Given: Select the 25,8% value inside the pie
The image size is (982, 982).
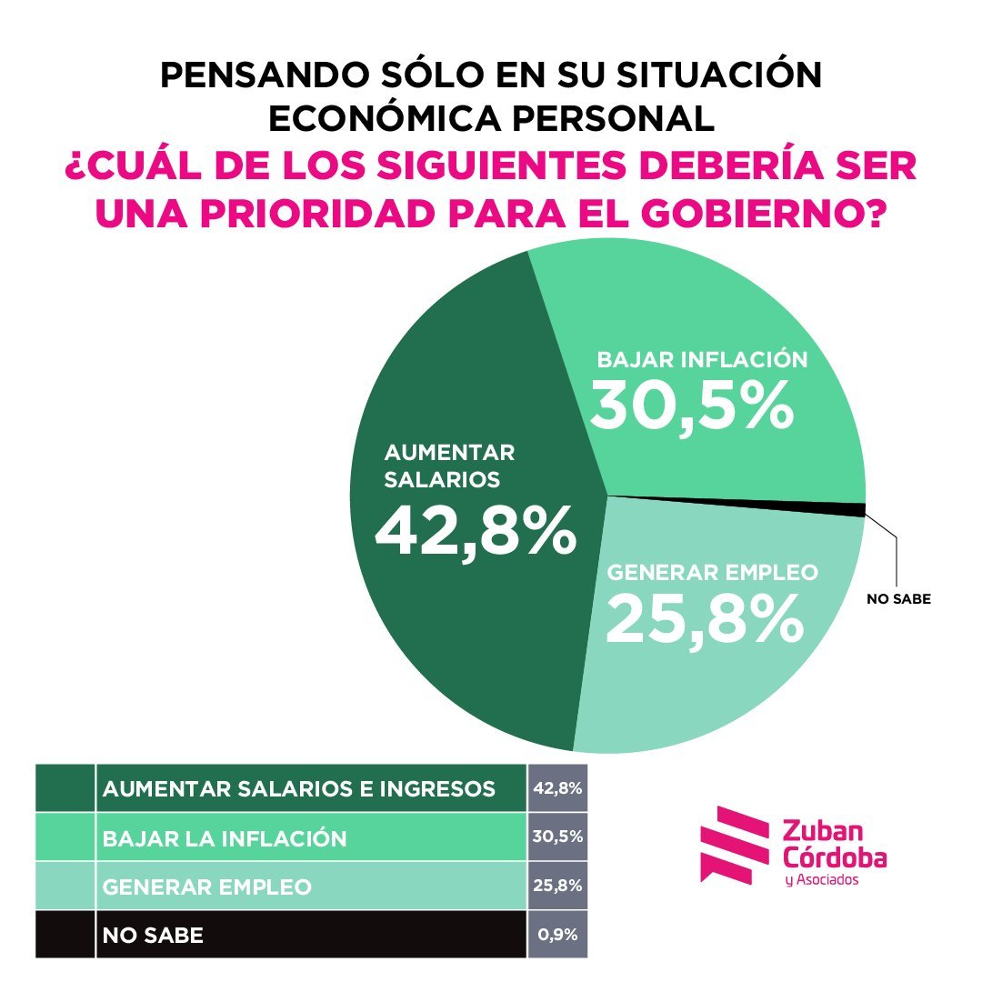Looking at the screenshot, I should pyautogui.click(x=704, y=619).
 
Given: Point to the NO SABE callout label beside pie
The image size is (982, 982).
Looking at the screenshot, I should pyautogui.click(x=898, y=599).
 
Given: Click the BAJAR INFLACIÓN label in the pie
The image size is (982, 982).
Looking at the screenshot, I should pyautogui.click(x=702, y=359).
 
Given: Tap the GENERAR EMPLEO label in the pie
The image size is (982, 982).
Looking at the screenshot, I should pyautogui.click(x=713, y=573).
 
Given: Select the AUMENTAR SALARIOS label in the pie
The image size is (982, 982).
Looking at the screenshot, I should pyautogui.click(x=450, y=466).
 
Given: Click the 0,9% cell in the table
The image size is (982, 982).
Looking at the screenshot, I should pyautogui.click(x=557, y=934).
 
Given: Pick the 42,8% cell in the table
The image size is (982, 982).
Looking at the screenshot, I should pyautogui.click(x=557, y=788).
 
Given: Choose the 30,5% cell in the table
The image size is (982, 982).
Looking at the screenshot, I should pyautogui.click(x=557, y=837).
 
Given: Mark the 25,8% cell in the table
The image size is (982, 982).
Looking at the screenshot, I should pyautogui.click(x=557, y=885).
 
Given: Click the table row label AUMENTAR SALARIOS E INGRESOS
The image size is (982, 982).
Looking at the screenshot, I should pyautogui.click(x=299, y=789).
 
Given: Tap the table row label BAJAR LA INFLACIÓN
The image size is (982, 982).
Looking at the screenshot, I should pyautogui.click(x=225, y=837).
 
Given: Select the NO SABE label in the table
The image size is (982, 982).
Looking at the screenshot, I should pyautogui.click(x=153, y=935).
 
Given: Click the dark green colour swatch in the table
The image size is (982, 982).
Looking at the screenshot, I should pyautogui.click(x=65, y=788).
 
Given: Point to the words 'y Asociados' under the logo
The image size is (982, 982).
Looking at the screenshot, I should pyautogui.click(x=820, y=880).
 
